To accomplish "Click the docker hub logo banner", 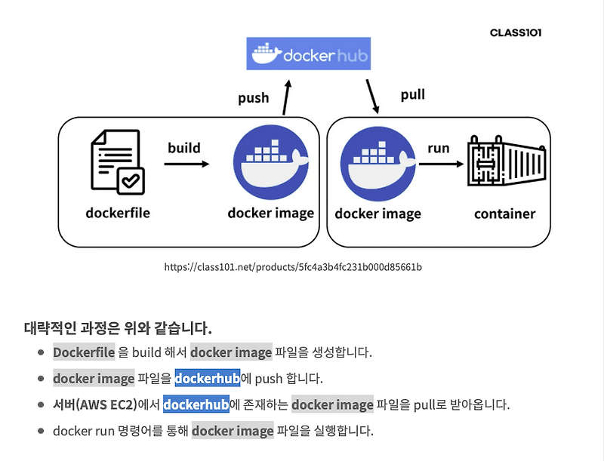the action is point(309,54).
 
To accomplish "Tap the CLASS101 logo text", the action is point(516,32).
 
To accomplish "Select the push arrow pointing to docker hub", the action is point(287,97).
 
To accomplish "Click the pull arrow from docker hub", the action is point(372,97).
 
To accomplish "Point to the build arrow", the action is point(186,164).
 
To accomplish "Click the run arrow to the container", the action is point(441,164).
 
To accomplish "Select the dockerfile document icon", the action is point(118,162).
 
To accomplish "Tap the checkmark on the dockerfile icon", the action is point(131,180).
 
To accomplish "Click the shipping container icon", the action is point(507,161).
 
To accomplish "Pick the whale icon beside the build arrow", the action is point(271,162).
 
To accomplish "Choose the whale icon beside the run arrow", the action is point(378,164).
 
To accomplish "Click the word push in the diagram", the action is point(253,98).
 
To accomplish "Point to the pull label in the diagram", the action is point(412,94).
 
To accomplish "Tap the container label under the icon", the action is point(504,214).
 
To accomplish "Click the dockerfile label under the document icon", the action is point(118,213).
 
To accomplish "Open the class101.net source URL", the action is point(293,266).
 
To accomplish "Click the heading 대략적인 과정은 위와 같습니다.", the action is point(118,328).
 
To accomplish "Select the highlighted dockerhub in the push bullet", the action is point(208,378).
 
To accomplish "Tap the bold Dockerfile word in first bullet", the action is point(84,352).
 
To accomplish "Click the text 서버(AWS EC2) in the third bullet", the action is point(95,404).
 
